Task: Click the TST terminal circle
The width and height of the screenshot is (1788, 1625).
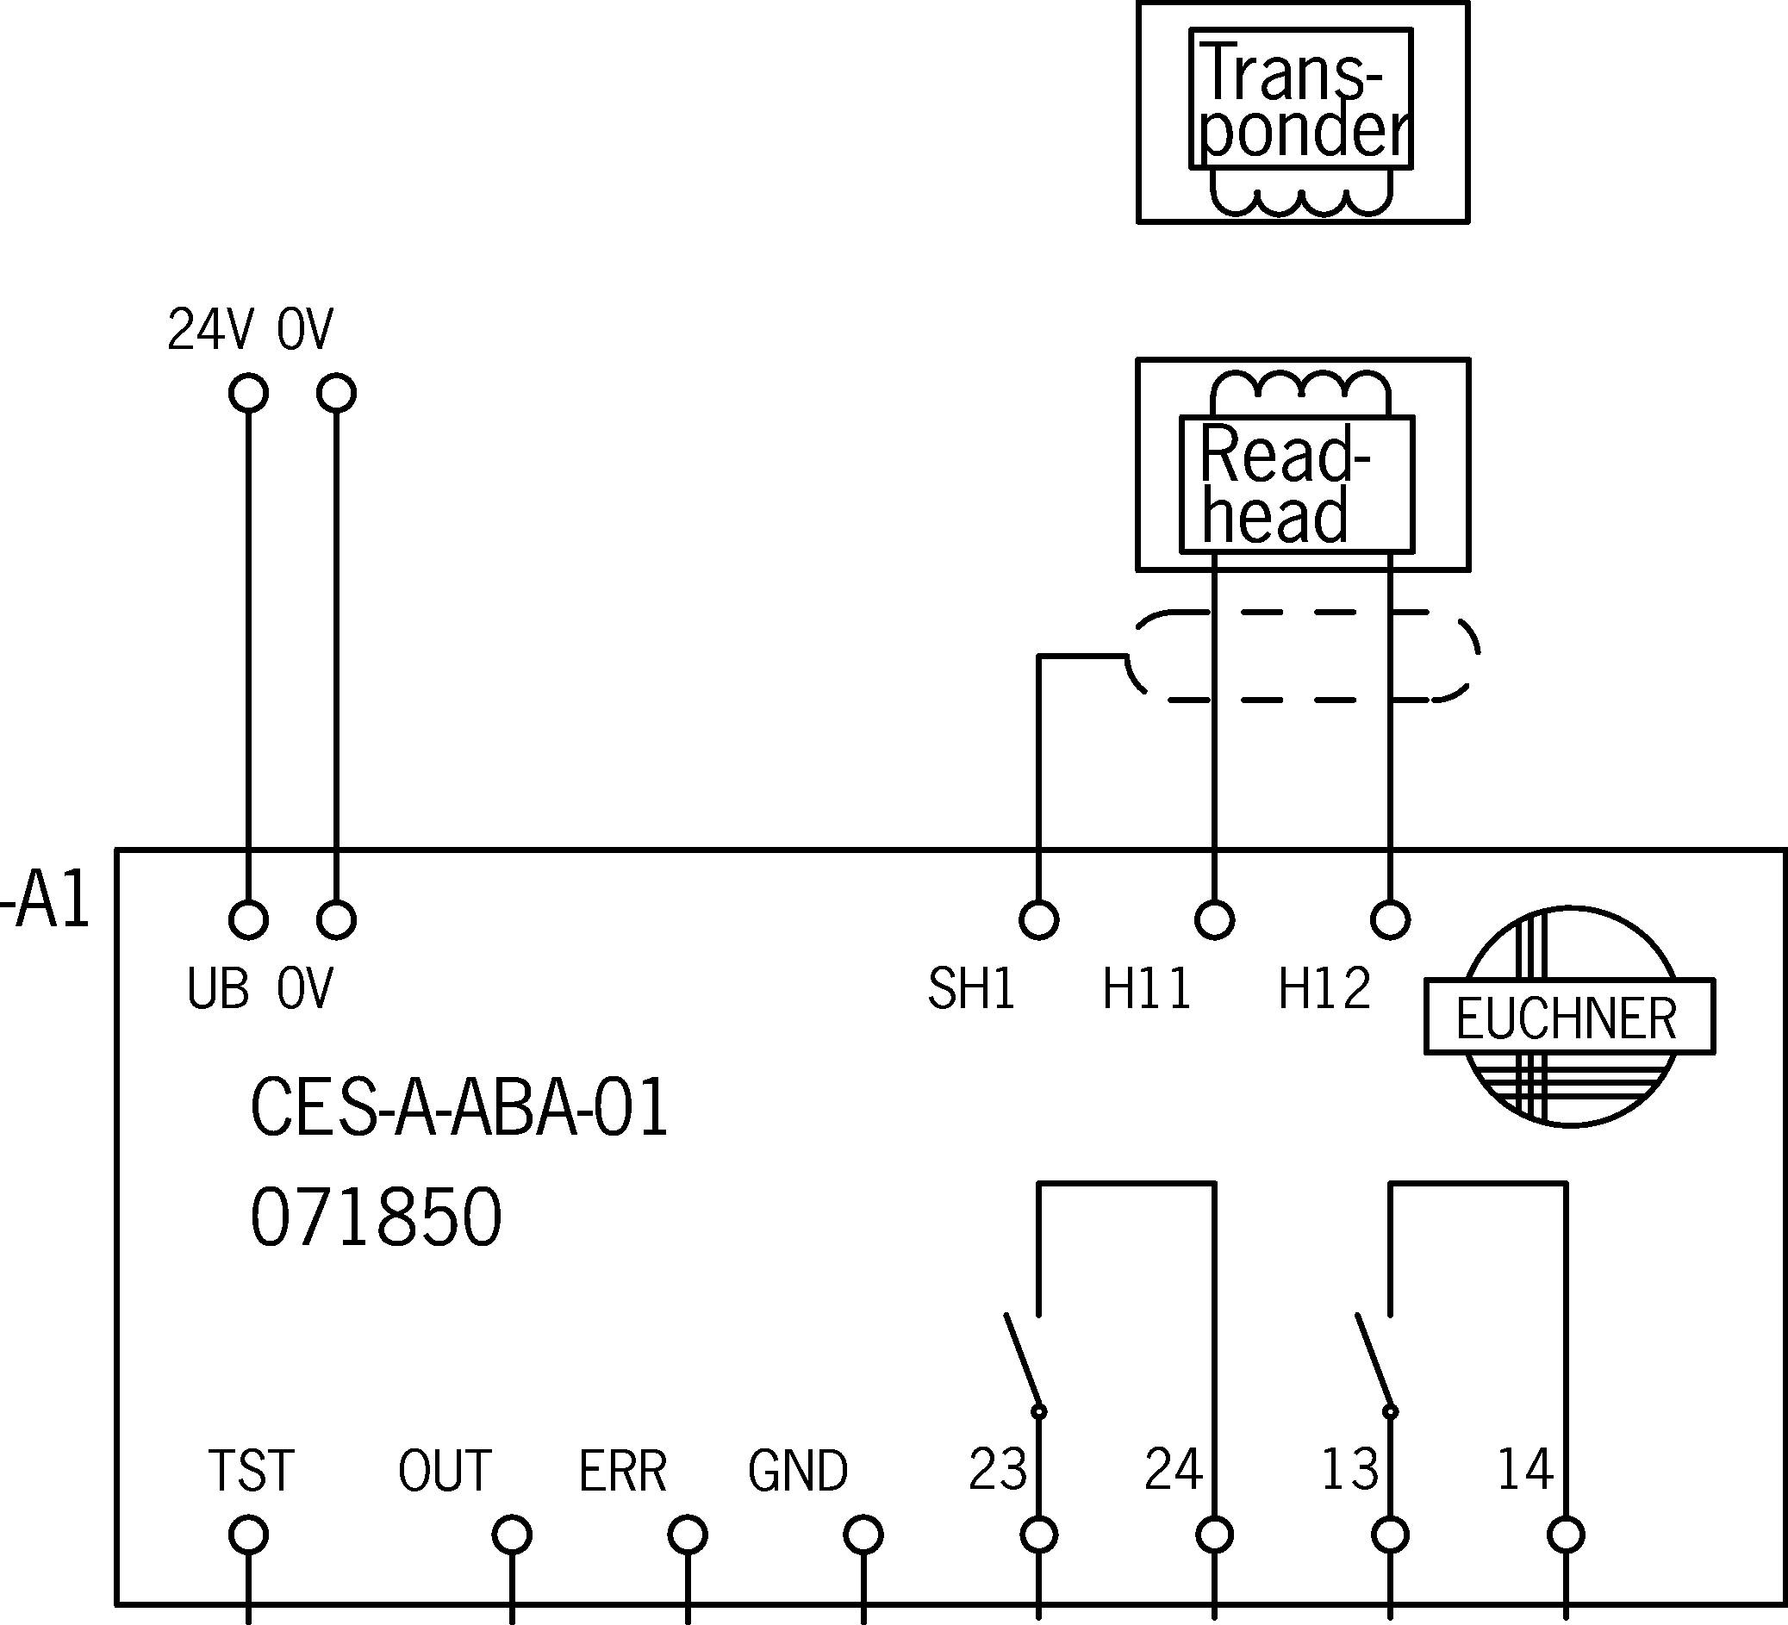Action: (x=248, y=1535)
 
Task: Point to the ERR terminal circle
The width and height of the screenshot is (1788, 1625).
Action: (x=688, y=1535)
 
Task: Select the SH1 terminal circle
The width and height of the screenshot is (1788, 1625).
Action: (x=1038, y=920)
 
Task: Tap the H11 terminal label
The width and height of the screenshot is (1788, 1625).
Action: (x=1146, y=988)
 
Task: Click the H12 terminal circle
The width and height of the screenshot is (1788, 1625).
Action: (x=1390, y=920)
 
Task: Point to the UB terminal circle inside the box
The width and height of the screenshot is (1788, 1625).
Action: (x=248, y=920)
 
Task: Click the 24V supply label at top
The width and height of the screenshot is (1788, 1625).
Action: (x=210, y=330)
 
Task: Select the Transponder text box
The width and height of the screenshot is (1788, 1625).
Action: (x=1300, y=98)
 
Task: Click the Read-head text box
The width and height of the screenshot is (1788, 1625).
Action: (x=1296, y=484)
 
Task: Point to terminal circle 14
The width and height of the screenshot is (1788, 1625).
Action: (x=1567, y=1535)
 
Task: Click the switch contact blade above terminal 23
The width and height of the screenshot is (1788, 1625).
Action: (x=1022, y=1361)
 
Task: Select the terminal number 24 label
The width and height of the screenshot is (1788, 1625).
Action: (x=1173, y=1469)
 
